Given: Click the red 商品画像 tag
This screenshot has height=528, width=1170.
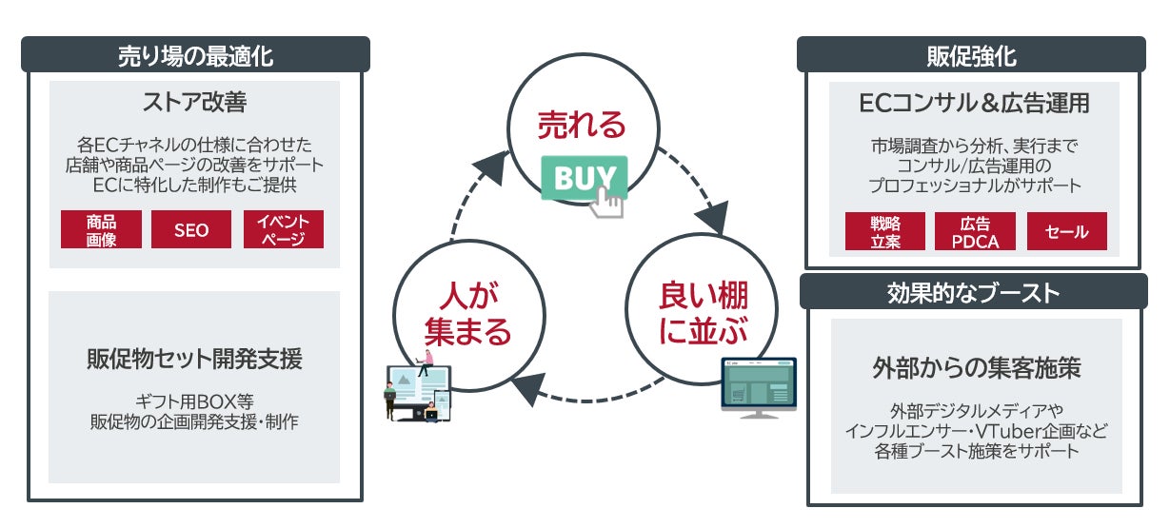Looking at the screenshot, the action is pyautogui.click(x=101, y=229).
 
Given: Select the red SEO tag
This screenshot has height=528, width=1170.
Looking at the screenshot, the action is pyautogui.click(x=191, y=229).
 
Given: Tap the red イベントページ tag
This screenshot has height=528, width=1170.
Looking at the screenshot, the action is pyautogui.click(x=283, y=229).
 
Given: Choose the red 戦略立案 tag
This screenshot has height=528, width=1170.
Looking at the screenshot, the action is pyautogui.click(x=884, y=231).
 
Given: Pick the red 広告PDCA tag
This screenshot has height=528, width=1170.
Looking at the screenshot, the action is pyautogui.click(x=975, y=231).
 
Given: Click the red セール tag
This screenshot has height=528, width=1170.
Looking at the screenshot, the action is pyautogui.click(x=1066, y=231).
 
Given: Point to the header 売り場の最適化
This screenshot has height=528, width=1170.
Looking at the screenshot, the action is pyautogui.click(x=195, y=55).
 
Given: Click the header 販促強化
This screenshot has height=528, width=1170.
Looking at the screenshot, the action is pyautogui.click(x=971, y=55).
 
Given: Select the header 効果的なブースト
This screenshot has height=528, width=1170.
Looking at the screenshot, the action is pyautogui.click(x=971, y=292).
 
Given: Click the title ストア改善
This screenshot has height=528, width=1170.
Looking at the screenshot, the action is pyautogui.click(x=194, y=101).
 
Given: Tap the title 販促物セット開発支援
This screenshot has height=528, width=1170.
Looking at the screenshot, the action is pyautogui.click(x=194, y=360).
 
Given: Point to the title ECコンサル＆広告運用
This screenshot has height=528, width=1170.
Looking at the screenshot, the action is pyautogui.click(x=974, y=103).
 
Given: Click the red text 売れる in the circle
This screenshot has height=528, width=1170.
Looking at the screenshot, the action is pyautogui.click(x=582, y=125).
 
